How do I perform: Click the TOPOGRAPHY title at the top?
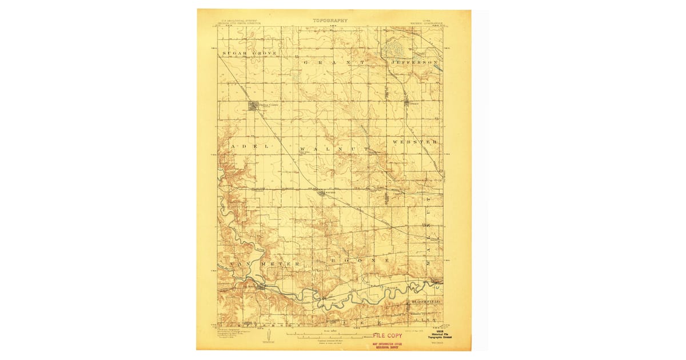pyautogui.click(x=330, y=20)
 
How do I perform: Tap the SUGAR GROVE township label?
pyautogui.click(x=249, y=53)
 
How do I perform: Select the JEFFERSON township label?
pyautogui.click(x=414, y=61)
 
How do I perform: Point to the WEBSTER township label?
pyautogui.click(x=416, y=141)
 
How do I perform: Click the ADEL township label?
pyautogui.click(x=249, y=147)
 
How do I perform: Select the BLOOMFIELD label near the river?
pyautogui.click(x=425, y=299)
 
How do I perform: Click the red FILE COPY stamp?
pyautogui.click(x=387, y=335)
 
